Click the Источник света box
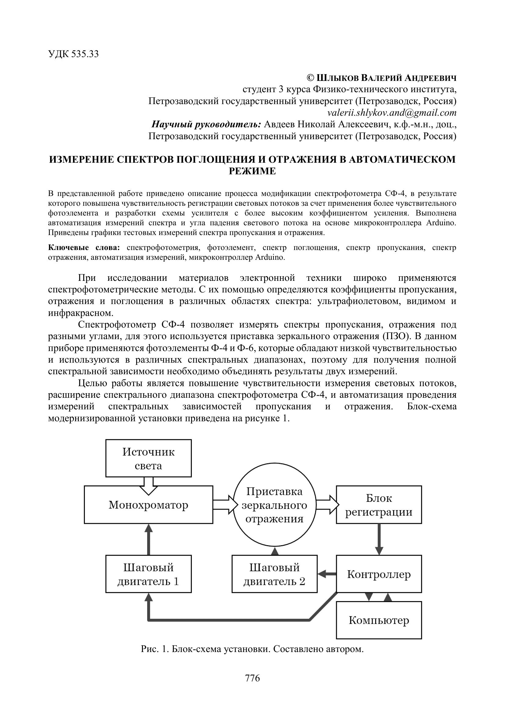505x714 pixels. pos(148,458)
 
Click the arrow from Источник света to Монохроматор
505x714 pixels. pos(148,485)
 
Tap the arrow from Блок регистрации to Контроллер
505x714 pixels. pos(379,539)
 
